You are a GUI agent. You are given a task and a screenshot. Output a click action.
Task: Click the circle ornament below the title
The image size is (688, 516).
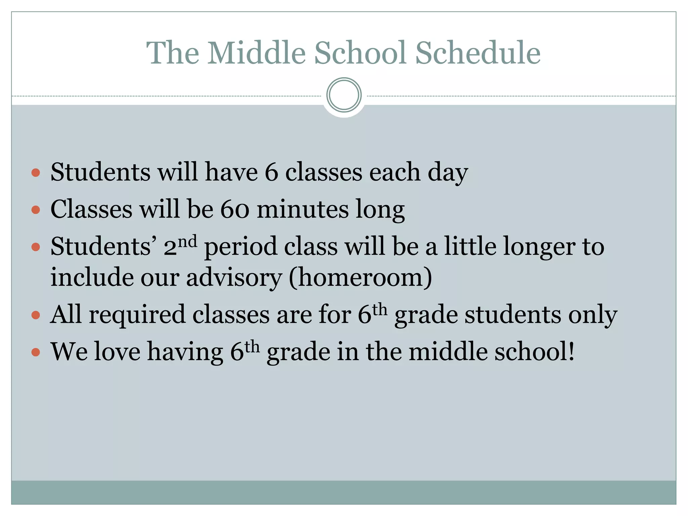[344, 95]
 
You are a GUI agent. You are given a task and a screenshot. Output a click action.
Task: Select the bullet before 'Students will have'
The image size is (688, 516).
[36, 173]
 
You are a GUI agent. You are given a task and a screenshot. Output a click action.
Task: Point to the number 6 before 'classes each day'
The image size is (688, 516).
[271, 172]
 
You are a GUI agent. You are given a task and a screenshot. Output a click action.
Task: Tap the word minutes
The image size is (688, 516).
[303, 209]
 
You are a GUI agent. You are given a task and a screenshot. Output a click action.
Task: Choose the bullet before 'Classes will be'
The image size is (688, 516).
[36, 210]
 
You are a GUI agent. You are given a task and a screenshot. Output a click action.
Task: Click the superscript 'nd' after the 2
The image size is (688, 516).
[187, 241]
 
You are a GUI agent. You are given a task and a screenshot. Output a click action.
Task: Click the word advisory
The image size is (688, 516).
[234, 278]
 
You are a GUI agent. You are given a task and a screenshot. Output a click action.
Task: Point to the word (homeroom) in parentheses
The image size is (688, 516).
[360, 278]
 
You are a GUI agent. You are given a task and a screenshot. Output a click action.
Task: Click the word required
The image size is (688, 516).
[137, 315]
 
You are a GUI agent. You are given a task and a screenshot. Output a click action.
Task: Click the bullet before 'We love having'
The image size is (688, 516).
[36, 352]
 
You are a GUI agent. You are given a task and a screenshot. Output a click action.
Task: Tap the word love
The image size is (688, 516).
[117, 352]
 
